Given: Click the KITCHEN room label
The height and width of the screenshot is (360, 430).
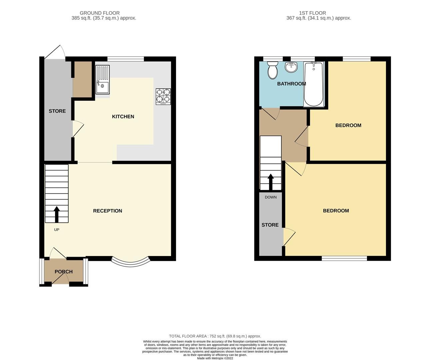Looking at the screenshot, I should (x=123, y=116).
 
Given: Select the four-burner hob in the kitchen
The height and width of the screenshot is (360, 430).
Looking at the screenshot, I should (x=163, y=96).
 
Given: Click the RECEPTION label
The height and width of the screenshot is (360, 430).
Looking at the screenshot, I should (x=107, y=211).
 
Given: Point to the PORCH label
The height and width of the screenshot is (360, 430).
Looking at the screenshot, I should (x=63, y=272).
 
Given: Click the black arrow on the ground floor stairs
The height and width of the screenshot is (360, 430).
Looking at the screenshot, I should (x=56, y=214).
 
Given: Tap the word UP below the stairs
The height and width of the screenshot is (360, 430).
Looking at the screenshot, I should (x=57, y=230).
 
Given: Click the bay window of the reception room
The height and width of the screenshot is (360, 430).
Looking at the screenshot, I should (x=130, y=262).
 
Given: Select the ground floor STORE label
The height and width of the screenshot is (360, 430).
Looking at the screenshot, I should (x=57, y=111).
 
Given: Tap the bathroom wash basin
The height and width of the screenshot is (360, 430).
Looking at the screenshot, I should (x=291, y=67).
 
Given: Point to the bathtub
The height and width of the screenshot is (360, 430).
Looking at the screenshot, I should (x=313, y=84).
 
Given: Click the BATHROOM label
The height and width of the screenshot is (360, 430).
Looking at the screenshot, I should (x=291, y=84).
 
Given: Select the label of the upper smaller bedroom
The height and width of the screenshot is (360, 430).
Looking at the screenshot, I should (x=348, y=125).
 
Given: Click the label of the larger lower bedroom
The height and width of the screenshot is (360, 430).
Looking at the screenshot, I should (x=336, y=211).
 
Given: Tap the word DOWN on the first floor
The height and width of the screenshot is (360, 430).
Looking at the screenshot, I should (x=271, y=197).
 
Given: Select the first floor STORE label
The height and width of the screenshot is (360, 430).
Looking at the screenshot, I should (x=270, y=225).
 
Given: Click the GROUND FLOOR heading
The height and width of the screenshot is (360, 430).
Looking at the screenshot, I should (x=100, y=13).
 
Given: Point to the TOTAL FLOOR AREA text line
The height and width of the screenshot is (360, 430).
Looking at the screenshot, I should (x=215, y=336).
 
